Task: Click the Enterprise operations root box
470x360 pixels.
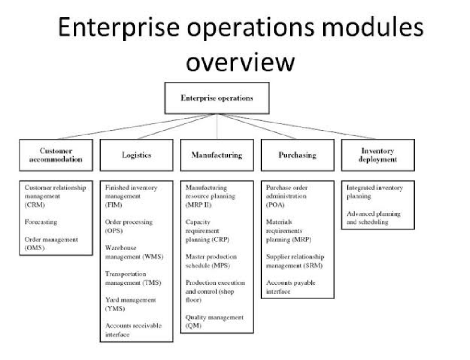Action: (x=217, y=98)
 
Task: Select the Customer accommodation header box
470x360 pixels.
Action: (x=56, y=155)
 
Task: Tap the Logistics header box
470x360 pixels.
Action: (x=136, y=155)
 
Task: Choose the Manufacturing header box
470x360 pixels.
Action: (x=217, y=155)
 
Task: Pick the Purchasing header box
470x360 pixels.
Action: (x=297, y=155)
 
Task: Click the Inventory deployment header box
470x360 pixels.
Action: (x=378, y=155)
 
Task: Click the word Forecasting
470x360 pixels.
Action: (x=41, y=221)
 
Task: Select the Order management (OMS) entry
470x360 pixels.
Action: (x=51, y=244)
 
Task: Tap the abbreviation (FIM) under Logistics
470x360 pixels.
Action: (x=114, y=205)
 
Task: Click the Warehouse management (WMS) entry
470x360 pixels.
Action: (x=134, y=252)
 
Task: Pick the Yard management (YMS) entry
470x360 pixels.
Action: (x=131, y=304)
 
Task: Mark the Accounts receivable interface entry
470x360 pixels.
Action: (x=133, y=330)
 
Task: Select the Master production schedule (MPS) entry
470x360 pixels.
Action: (x=211, y=261)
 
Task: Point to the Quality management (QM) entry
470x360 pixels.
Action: (x=214, y=322)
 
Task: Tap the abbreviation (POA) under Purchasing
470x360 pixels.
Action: (x=275, y=205)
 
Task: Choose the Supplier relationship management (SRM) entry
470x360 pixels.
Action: (x=295, y=261)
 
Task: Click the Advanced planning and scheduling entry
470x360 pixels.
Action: (x=373, y=217)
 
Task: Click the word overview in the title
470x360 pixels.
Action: (x=240, y=62)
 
